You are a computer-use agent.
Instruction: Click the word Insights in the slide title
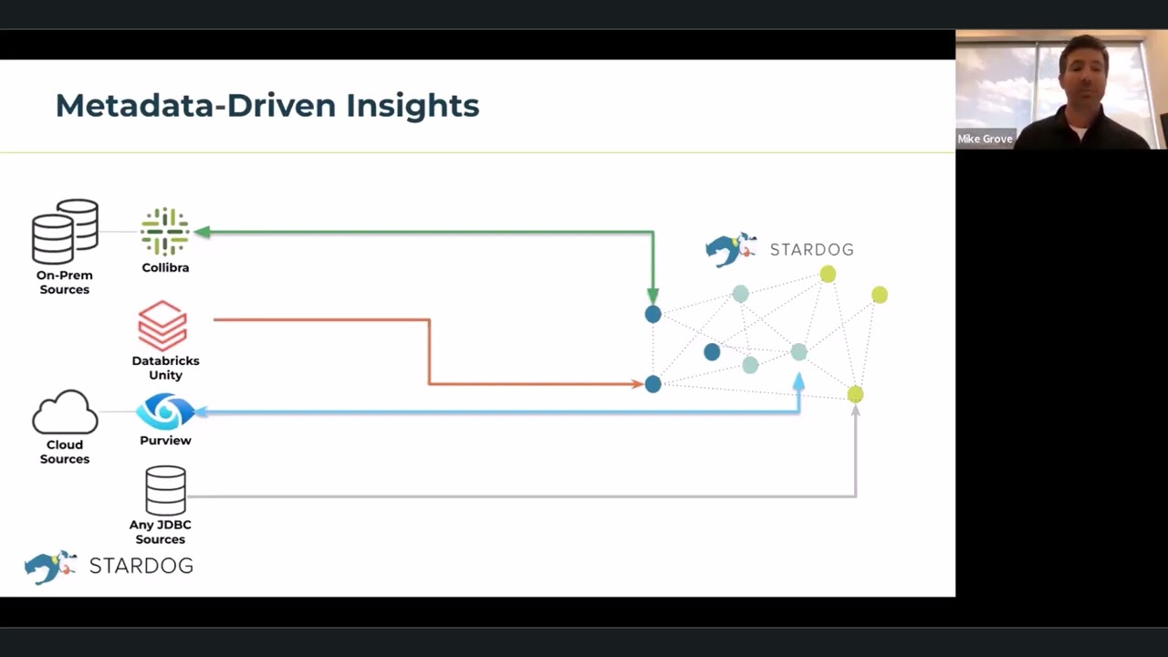[x=412, y=106]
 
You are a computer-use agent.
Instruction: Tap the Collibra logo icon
[x=164, y=232]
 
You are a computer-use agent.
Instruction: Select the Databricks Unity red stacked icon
[x=162, y=326]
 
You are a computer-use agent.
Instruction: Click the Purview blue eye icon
[x=165, y=412]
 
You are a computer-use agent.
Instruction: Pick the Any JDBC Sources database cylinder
[x=165, y=491]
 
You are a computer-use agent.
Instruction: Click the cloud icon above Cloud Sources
[x=65, y=412]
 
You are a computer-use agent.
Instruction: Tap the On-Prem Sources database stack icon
[x=65, y=232]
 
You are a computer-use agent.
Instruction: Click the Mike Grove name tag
[x=985, y=139]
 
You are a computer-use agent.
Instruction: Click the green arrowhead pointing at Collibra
[x=203, y=233]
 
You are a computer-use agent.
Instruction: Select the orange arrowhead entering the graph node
[x=637, y=384]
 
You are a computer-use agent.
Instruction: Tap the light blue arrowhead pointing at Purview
[x=201, y=412]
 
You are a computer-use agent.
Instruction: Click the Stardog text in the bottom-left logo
[x=141, y=566]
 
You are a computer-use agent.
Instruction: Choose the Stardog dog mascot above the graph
[x=730, y=249]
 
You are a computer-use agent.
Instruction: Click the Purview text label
[x=165, y=441]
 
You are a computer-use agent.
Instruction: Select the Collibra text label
[x=165, y=268]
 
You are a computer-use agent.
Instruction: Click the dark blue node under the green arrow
[x=652, y=314]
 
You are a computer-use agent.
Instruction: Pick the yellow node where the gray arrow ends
[x=855, y=394]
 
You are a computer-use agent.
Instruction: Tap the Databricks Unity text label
[x=165, y=368]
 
